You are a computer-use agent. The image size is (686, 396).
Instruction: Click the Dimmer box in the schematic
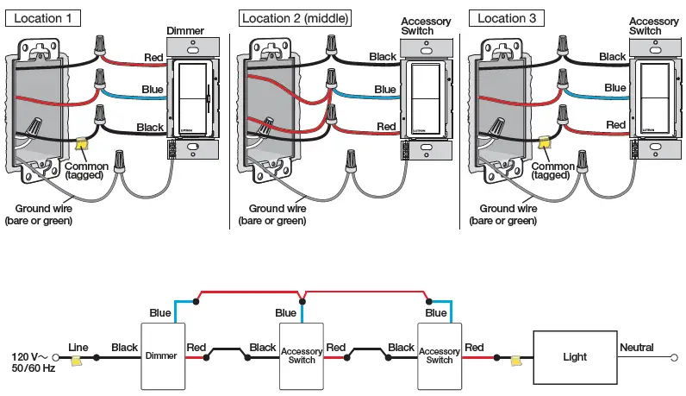click(163, 356)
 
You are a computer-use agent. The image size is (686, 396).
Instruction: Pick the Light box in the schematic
click(574, 356)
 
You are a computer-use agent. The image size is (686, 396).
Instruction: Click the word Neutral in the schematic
click(636, 348)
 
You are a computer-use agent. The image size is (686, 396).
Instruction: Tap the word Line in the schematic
click(78, 348)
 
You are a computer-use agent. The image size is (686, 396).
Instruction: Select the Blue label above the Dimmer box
click(160, 313)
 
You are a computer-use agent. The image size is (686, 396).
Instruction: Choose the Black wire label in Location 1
click(150, 127)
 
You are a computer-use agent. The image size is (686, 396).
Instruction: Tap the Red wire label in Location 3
click(615, 125)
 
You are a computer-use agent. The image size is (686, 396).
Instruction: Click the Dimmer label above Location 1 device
click(187, 31)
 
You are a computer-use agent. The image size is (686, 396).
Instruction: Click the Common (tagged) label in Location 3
click(552, 170)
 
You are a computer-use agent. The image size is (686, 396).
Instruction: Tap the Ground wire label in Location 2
click(277, 214)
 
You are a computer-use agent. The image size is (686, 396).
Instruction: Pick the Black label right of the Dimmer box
click(263, 348)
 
